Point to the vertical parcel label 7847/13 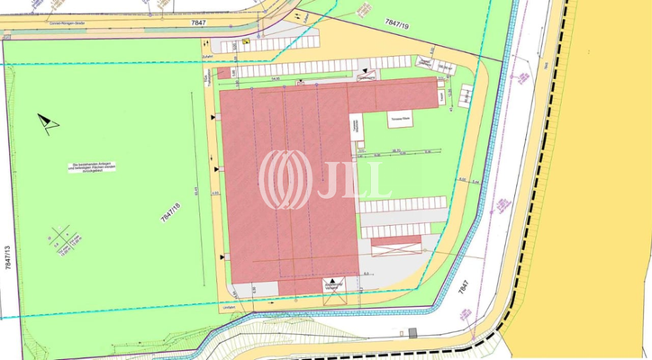[x=8, y=258]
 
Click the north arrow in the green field [x=48, y=122]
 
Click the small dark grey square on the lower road [x=412, y=332]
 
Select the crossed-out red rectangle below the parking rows [x=396, y=245]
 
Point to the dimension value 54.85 [x=272, y=79]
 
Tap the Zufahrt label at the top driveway [x=206, y=54]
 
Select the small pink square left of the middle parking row [x=224, y=72]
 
